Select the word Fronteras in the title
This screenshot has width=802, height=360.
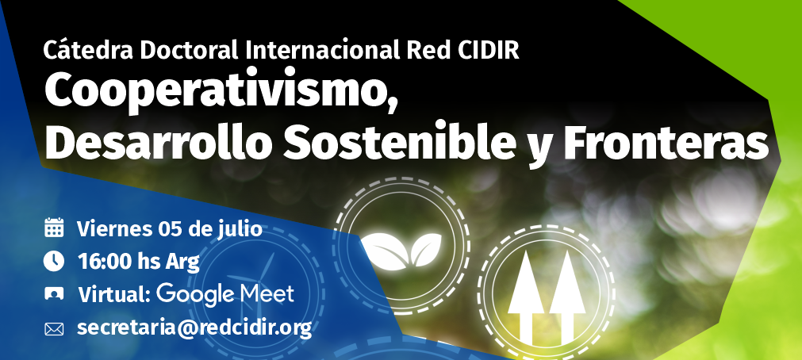(x=666, y=144)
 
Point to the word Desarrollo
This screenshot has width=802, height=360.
(x=159, y=144)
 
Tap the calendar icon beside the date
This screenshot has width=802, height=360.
(x=54, y=228)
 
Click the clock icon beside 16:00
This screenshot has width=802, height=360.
(x=54, y=262)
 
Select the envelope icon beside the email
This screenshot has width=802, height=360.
(x=54, y=329)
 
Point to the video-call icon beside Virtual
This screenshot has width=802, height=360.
(x=54, y=294)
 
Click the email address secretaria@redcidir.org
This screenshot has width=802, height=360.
(x=194, y=327)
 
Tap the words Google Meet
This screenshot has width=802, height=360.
(x=225, y=295)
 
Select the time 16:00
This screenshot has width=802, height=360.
(x=106, y=262)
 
